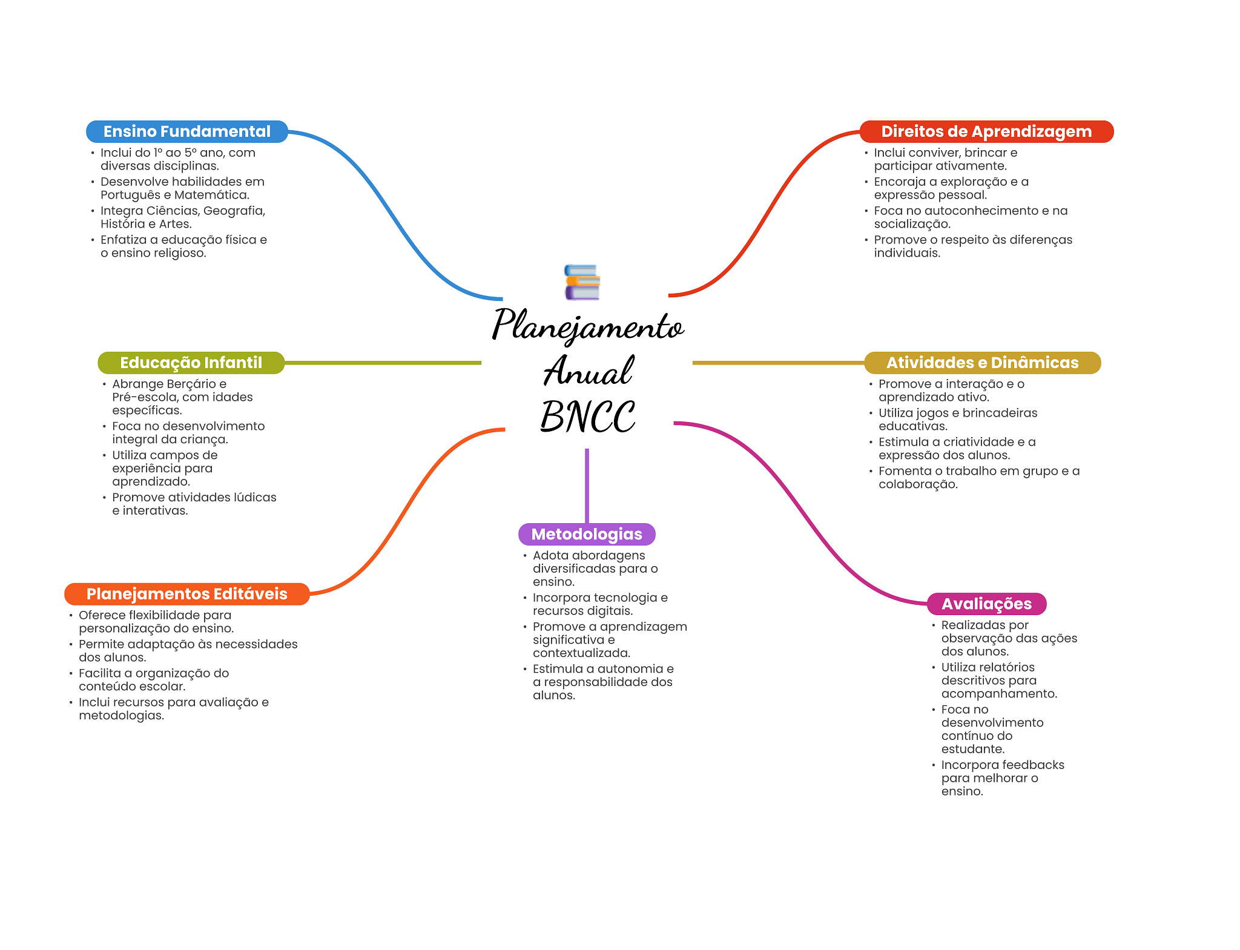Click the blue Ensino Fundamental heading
(186, 131)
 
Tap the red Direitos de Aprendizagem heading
(986, 131)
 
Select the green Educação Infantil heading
(191, 363)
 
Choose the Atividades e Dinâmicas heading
(982, 363)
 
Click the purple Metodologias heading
(587, 534)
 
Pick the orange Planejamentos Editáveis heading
(186, 594)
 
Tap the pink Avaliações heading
(986, 604)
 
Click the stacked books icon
(582, 282)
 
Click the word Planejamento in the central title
(587, 326)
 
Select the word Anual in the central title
(587, 371)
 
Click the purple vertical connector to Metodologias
(587, 484)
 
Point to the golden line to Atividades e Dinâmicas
(778, 363)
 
